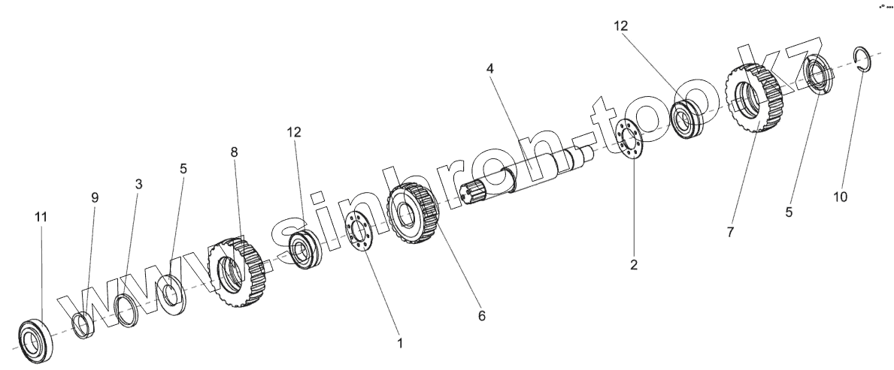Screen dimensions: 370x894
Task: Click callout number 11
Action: [x=41, y=217]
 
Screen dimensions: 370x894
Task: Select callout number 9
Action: [x=95, y=197]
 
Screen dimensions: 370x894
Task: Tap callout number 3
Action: [x=138, y=183]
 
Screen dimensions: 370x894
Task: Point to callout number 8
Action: [x=234, y=152]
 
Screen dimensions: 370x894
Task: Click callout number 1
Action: [x=400, y=343]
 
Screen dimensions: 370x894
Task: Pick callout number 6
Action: [x=481, y=316]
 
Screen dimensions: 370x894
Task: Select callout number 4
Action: [x=489, y=68]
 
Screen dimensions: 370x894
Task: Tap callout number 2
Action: [x=633, y=264]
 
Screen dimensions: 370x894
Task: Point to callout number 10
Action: [x=841, y=197]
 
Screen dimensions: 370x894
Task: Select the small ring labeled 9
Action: [x=83, y=325]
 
